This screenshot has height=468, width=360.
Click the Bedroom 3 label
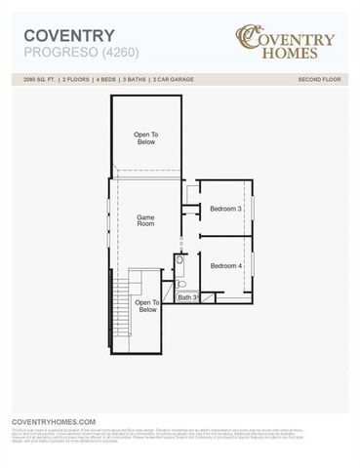(x=226, y=208)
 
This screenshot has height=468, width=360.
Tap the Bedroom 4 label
(x=226, y=265)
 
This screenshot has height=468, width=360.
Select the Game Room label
(x=145, y=221)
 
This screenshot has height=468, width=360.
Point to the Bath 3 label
(x=187, y=296)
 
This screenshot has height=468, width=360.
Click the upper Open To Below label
(x=145, y=137)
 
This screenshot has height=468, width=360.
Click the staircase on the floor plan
(x=122, y=307)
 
